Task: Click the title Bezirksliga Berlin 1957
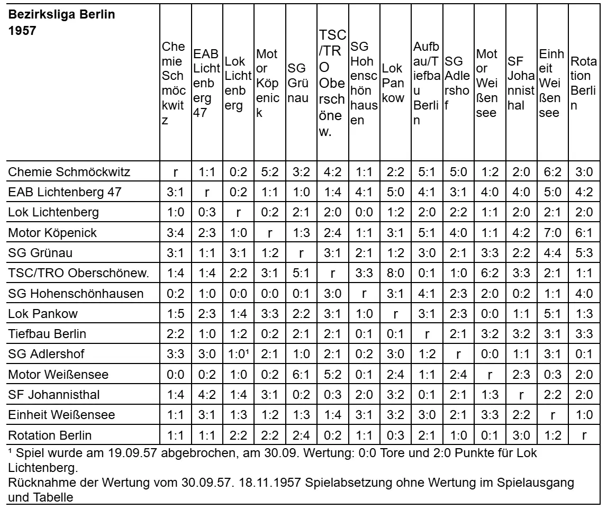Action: [x=61, y=22]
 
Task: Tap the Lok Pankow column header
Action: [x=393, y=83]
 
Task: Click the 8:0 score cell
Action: [x=393, y=273]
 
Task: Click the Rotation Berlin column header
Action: [x=584, y=83]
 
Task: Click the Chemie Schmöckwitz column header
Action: [x=174, y=83]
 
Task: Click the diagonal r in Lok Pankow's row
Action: [x=393, y=314]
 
